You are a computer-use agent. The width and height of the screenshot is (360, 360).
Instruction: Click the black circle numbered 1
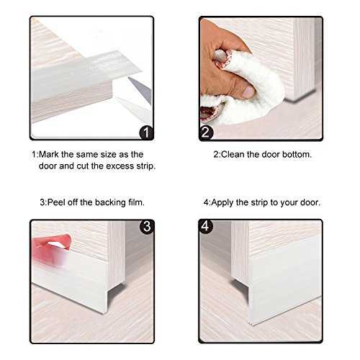coord(146,132)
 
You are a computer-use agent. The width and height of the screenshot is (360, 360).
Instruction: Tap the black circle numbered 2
coord(206,132)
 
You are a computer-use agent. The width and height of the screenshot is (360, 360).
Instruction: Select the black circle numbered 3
coord(147,226)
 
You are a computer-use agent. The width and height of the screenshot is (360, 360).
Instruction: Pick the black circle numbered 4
coord(206,226)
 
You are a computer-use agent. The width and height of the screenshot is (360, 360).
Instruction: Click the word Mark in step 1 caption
coord(49,154)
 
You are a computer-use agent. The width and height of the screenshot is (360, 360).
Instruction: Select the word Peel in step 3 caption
coord(56,202)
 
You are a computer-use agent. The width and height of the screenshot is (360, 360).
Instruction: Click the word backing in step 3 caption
coord(110,203)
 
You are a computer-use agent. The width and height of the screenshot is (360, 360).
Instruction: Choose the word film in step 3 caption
coord(136,202)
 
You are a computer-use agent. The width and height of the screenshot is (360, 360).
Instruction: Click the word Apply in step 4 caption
coord(222,203)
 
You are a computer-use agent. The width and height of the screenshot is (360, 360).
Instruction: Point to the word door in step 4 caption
coord(310,202)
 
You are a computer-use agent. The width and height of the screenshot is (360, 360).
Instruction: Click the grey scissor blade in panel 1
coord(141,89)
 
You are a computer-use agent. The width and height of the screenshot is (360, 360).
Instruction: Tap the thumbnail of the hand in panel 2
coord(248,91)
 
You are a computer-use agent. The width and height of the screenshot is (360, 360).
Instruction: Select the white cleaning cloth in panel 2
coord(247,91)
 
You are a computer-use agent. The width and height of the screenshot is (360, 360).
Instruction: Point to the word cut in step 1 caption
coord(83,166)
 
